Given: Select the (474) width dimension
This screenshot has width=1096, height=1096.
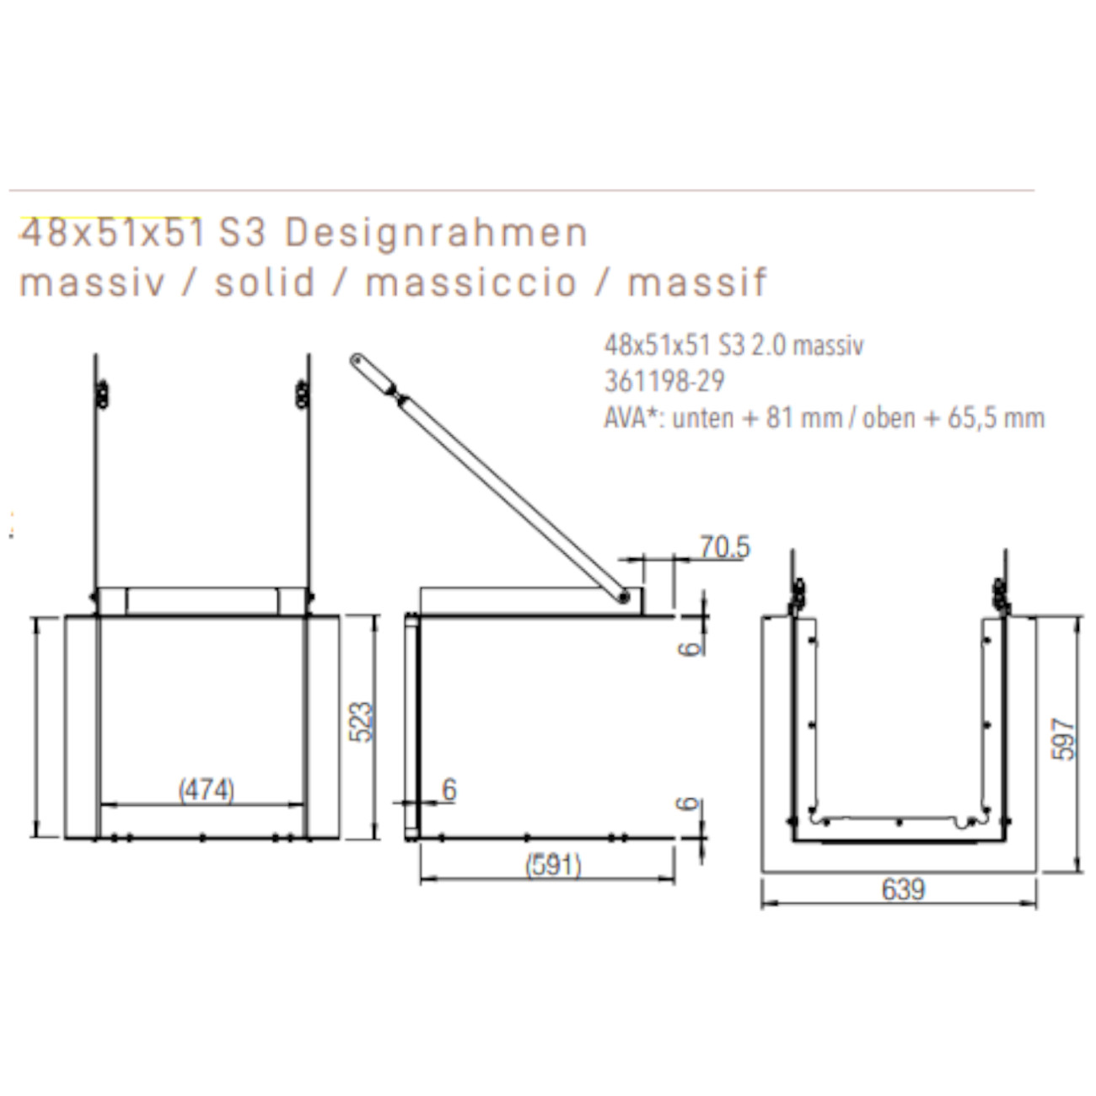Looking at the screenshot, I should coord(207,790).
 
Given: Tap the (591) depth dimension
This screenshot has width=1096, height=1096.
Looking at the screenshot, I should coord(553,865).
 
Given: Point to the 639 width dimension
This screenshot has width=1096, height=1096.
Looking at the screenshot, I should coord(903,889).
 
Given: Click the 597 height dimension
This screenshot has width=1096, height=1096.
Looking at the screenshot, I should coord(1064,739).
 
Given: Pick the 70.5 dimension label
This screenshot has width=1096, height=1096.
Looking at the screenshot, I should coord(724,548).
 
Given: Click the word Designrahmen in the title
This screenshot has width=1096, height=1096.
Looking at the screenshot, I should coord(436,234).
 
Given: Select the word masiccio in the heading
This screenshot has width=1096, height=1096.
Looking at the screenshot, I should coord(470,282).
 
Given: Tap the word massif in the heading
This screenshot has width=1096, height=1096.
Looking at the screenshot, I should coord(697,282).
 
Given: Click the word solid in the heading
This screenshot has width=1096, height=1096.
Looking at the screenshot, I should coord(265,282).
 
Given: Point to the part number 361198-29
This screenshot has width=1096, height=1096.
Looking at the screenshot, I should coord(664,381).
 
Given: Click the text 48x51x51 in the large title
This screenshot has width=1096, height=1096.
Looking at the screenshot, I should coord(112,234).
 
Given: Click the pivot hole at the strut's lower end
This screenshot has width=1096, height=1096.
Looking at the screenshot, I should coord(623,596).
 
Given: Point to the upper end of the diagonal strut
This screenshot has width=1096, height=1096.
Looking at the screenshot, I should coord(358,360).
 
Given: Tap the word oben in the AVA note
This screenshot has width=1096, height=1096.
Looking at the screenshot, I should coord(889,417).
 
